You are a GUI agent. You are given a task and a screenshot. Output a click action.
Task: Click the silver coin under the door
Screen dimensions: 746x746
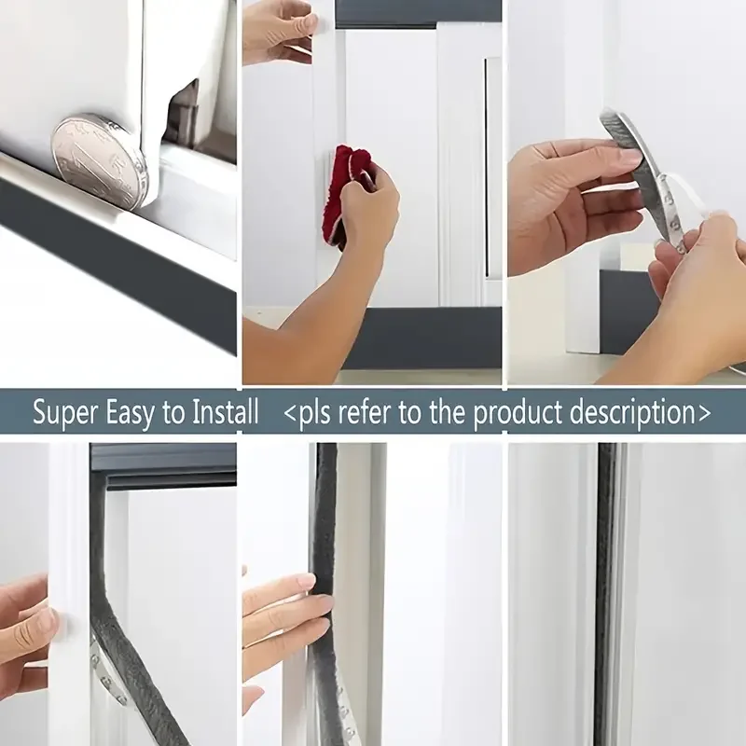pyautogui.click(x=100, y=161)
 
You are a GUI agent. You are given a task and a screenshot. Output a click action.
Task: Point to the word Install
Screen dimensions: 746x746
pyautogui.click(x=225, y=412)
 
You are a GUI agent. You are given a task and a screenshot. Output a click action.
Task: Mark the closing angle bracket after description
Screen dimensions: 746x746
pyautogui.click(x=704, y=413)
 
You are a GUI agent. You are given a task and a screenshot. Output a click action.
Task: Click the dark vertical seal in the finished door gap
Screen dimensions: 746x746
pyautogui.click(x=607, y=595)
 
